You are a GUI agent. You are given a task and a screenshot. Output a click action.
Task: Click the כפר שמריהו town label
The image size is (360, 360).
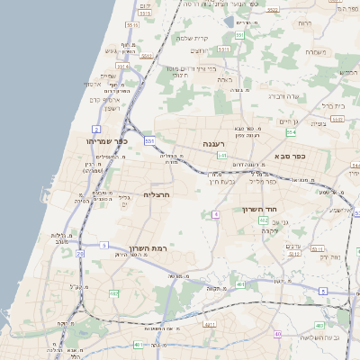(108, 141)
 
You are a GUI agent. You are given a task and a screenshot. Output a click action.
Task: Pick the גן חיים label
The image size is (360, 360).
(288, 121)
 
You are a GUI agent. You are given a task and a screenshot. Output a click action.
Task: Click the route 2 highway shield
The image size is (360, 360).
(96, 130)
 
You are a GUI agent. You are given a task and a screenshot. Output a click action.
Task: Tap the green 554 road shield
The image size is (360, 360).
(291, 132)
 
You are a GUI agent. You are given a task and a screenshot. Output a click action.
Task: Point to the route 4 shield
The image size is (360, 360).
(216, 214)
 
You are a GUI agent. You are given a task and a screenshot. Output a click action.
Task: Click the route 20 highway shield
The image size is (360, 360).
(79, 254)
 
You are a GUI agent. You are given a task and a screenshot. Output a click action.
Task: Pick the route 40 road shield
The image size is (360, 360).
(277, 334)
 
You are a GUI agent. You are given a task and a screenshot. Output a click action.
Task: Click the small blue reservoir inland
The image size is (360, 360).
(221, 4)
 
